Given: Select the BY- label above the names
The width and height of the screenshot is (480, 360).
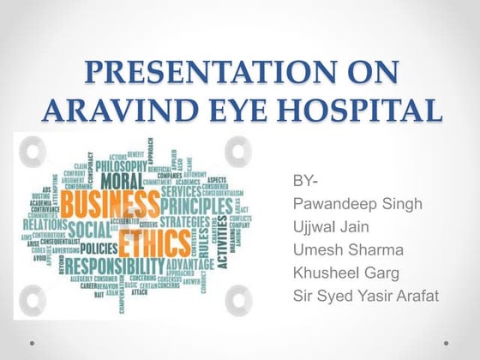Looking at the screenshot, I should click(x=304, y=183).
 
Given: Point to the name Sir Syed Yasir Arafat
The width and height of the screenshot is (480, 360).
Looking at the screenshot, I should click(x=366, y=296).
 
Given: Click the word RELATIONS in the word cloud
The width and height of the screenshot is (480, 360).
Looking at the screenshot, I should click(x=45, y=224).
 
